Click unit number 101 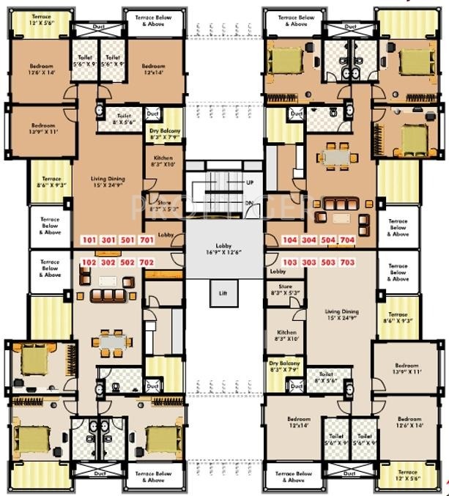tap(89, 240)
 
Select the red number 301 tap(108, 240)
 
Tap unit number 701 tap(146, 240)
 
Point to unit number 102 tap(89, 262)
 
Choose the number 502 tap(127, 262)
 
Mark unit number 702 tap(146, 262)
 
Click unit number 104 tap(290, 240)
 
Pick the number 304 tap(309, 240)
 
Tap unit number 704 tap(347, 240)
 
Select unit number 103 tap(290, 262)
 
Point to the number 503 tap(328, 262)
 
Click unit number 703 tap(347, 262)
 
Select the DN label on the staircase tap(250, 203)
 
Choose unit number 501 tap(127, 240)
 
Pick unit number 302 tap(108, 262)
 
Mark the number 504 tap(328, 240)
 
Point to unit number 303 tap(309, 262)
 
